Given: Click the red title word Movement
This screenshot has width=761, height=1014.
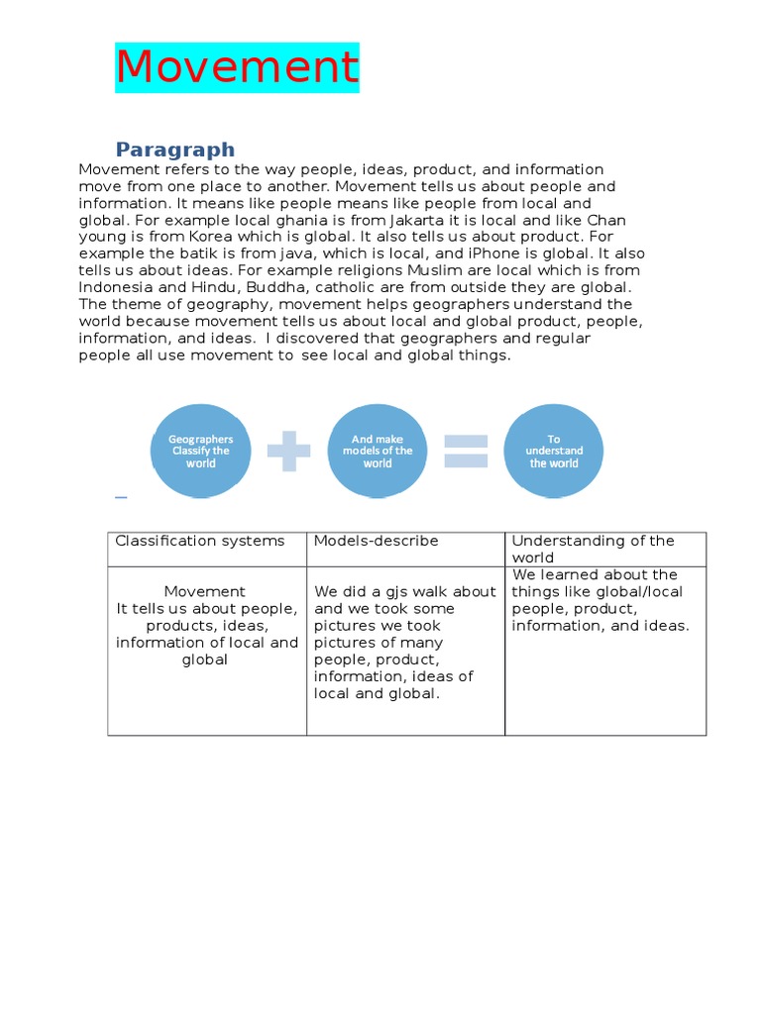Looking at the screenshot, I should click(237, 67).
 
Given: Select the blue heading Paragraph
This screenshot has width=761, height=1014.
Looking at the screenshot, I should click(175, 150).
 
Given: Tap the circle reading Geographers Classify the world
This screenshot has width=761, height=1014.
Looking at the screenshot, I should click(200, 451).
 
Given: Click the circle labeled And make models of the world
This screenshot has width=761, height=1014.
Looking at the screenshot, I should click(377, 451).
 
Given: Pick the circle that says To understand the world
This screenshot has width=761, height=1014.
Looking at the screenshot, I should click(553, 451).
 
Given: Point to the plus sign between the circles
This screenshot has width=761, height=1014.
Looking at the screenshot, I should click(288, 451).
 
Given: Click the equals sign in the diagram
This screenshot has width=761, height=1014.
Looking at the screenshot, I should click(465, 451).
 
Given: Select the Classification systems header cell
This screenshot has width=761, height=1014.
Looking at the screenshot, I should click(200, 541).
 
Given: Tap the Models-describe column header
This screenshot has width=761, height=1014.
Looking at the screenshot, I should click(377, 541).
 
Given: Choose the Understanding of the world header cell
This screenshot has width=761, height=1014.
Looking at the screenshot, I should click(593, 549).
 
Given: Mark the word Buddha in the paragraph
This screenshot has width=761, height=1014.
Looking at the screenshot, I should click(262, 287).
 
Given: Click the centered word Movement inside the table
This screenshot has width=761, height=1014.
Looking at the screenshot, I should click(205, 591).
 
